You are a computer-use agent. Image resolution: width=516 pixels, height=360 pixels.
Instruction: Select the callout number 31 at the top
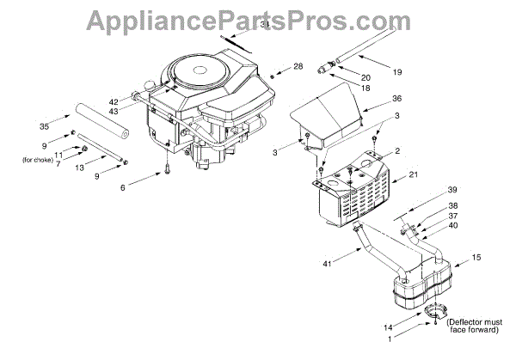tap(265, 25)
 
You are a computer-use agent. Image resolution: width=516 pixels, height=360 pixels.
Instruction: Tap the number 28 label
tap(299, 66)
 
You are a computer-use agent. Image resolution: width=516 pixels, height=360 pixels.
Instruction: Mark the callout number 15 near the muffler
tap(476, 256)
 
